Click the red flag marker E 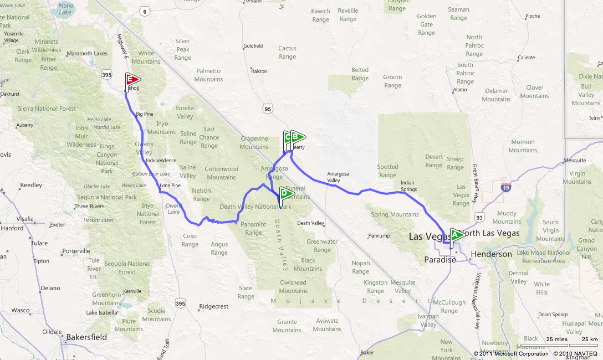click(131, 80)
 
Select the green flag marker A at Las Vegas click(457, 235)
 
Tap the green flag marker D click(287, 194)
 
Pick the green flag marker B click(297, 137)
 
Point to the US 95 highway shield click(268, 109)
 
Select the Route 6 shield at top click(145, 11)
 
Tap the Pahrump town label click(380, 236)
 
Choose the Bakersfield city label click(86, 337)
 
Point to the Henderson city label click(492, 254)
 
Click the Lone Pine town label click(170, 186)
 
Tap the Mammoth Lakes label click(86, 54)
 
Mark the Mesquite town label click(575, 161)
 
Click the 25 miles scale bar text click(556, 339)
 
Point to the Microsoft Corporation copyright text click(504, 353)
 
